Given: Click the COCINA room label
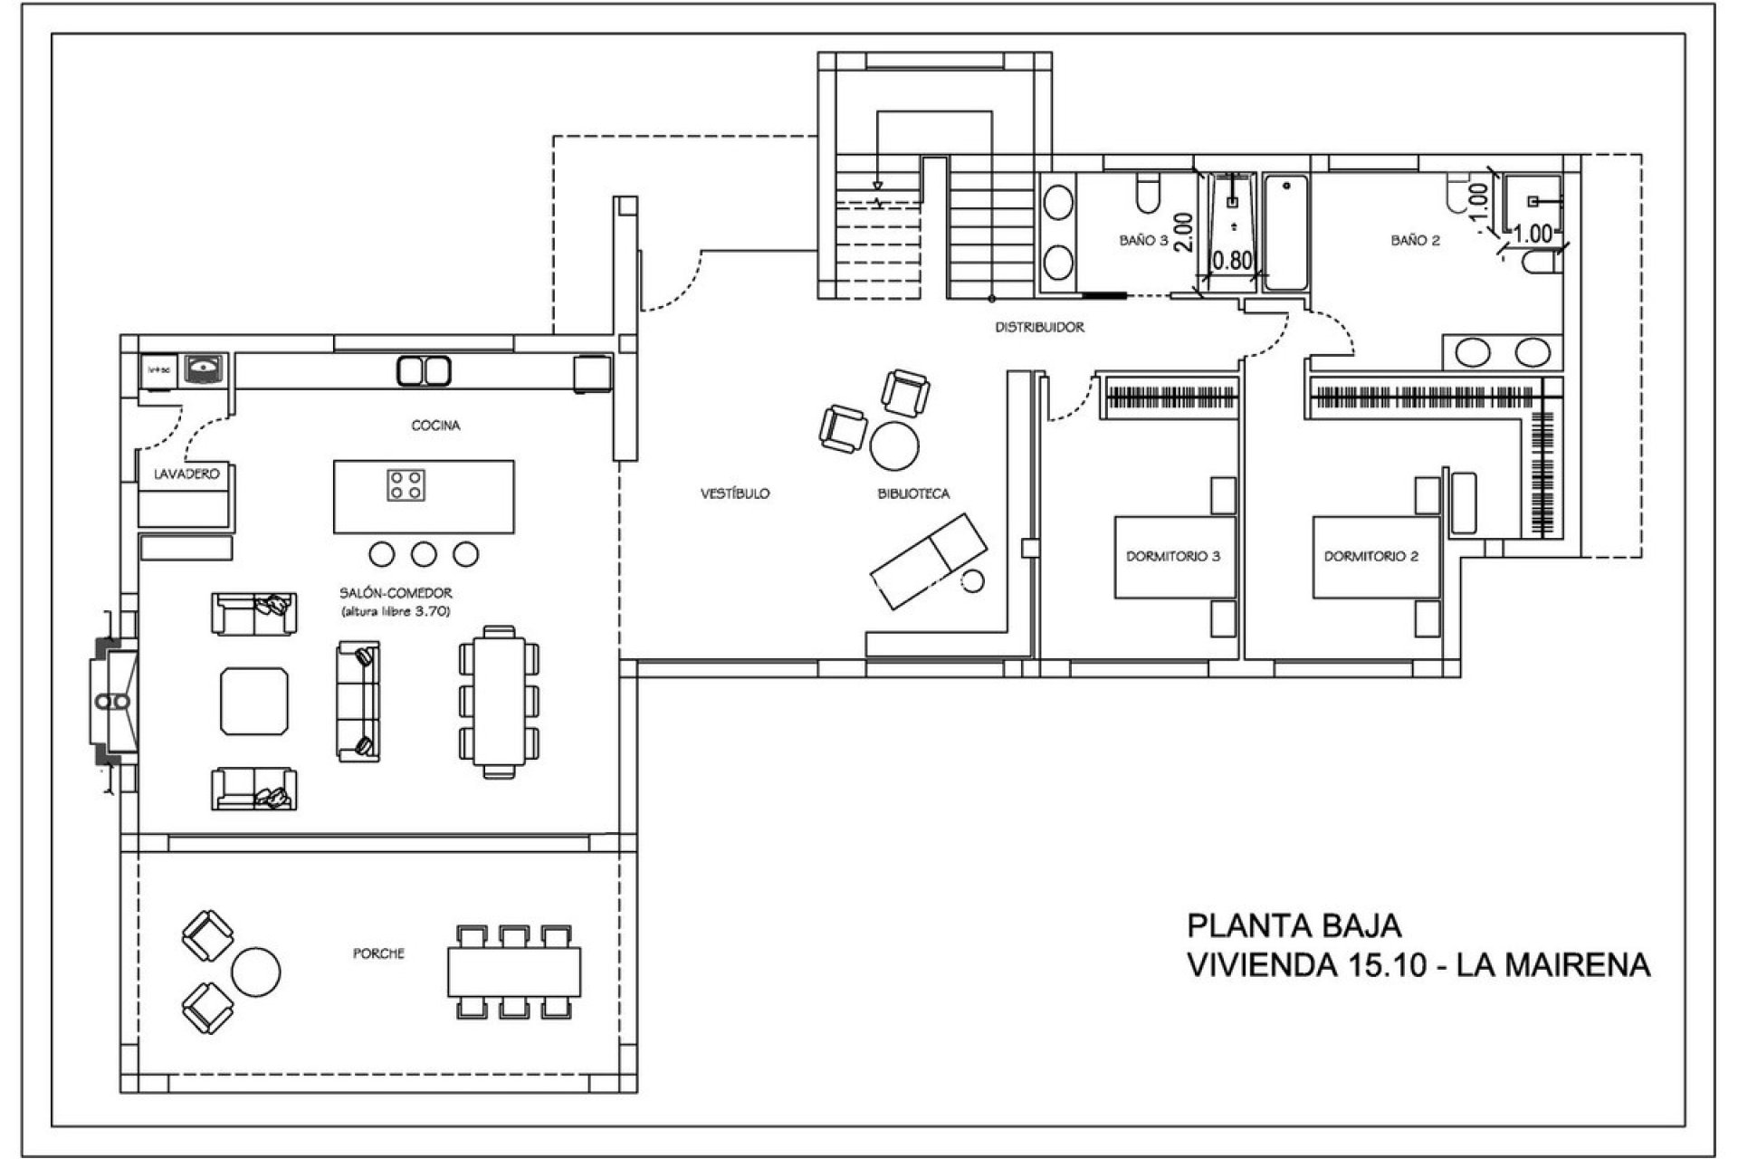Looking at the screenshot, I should (435, 425).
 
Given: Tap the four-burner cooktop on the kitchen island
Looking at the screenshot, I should (405, 484).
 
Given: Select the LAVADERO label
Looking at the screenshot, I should (186, 474).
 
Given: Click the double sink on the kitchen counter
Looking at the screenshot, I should (424, 371).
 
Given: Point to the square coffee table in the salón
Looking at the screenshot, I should (254, 702).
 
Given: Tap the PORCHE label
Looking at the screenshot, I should (378, 953).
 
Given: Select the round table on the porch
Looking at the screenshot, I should (255, 972).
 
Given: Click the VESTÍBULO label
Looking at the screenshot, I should (735, 493).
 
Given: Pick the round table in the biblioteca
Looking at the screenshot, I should (894, 445).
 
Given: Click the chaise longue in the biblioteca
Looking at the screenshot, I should (929, 560).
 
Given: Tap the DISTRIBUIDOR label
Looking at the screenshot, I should (1039, 327).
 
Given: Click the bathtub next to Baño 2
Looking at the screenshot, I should (1285, 233).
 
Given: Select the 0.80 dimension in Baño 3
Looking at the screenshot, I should (1231, 261).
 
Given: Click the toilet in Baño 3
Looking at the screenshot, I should (1149, 194).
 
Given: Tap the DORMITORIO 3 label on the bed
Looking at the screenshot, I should (1173, 556).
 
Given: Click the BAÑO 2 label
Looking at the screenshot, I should (1415, 240).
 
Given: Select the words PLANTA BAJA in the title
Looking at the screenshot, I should (1294, 925).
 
